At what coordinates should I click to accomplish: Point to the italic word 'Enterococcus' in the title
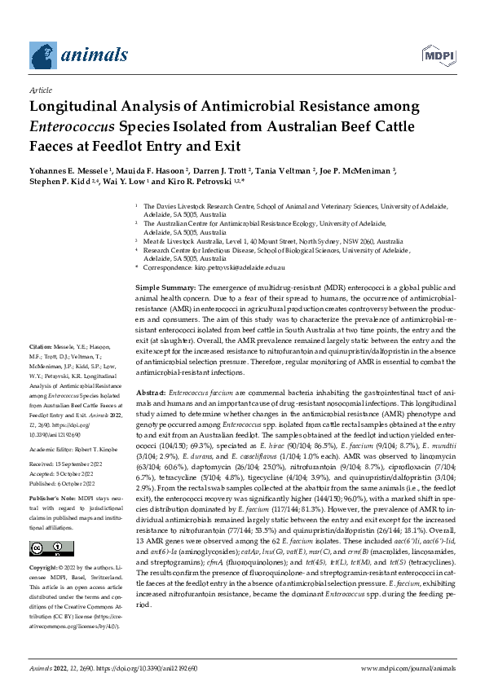(72, 126)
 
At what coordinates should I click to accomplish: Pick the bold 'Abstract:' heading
(152, 393)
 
